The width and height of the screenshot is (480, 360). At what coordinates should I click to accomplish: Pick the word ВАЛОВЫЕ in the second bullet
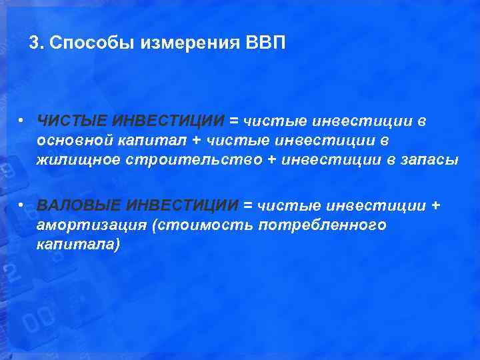79,205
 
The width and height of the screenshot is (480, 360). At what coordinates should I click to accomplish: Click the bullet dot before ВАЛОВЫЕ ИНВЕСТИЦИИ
22,205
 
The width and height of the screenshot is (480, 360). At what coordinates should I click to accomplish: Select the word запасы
433,161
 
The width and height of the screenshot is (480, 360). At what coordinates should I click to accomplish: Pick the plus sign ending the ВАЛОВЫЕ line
436,205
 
